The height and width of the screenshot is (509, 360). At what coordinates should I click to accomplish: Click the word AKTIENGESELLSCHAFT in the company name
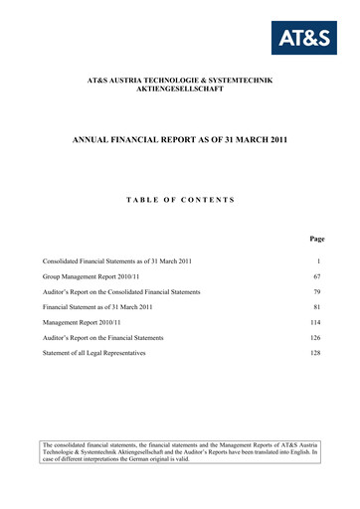click(x=180, y=89)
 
